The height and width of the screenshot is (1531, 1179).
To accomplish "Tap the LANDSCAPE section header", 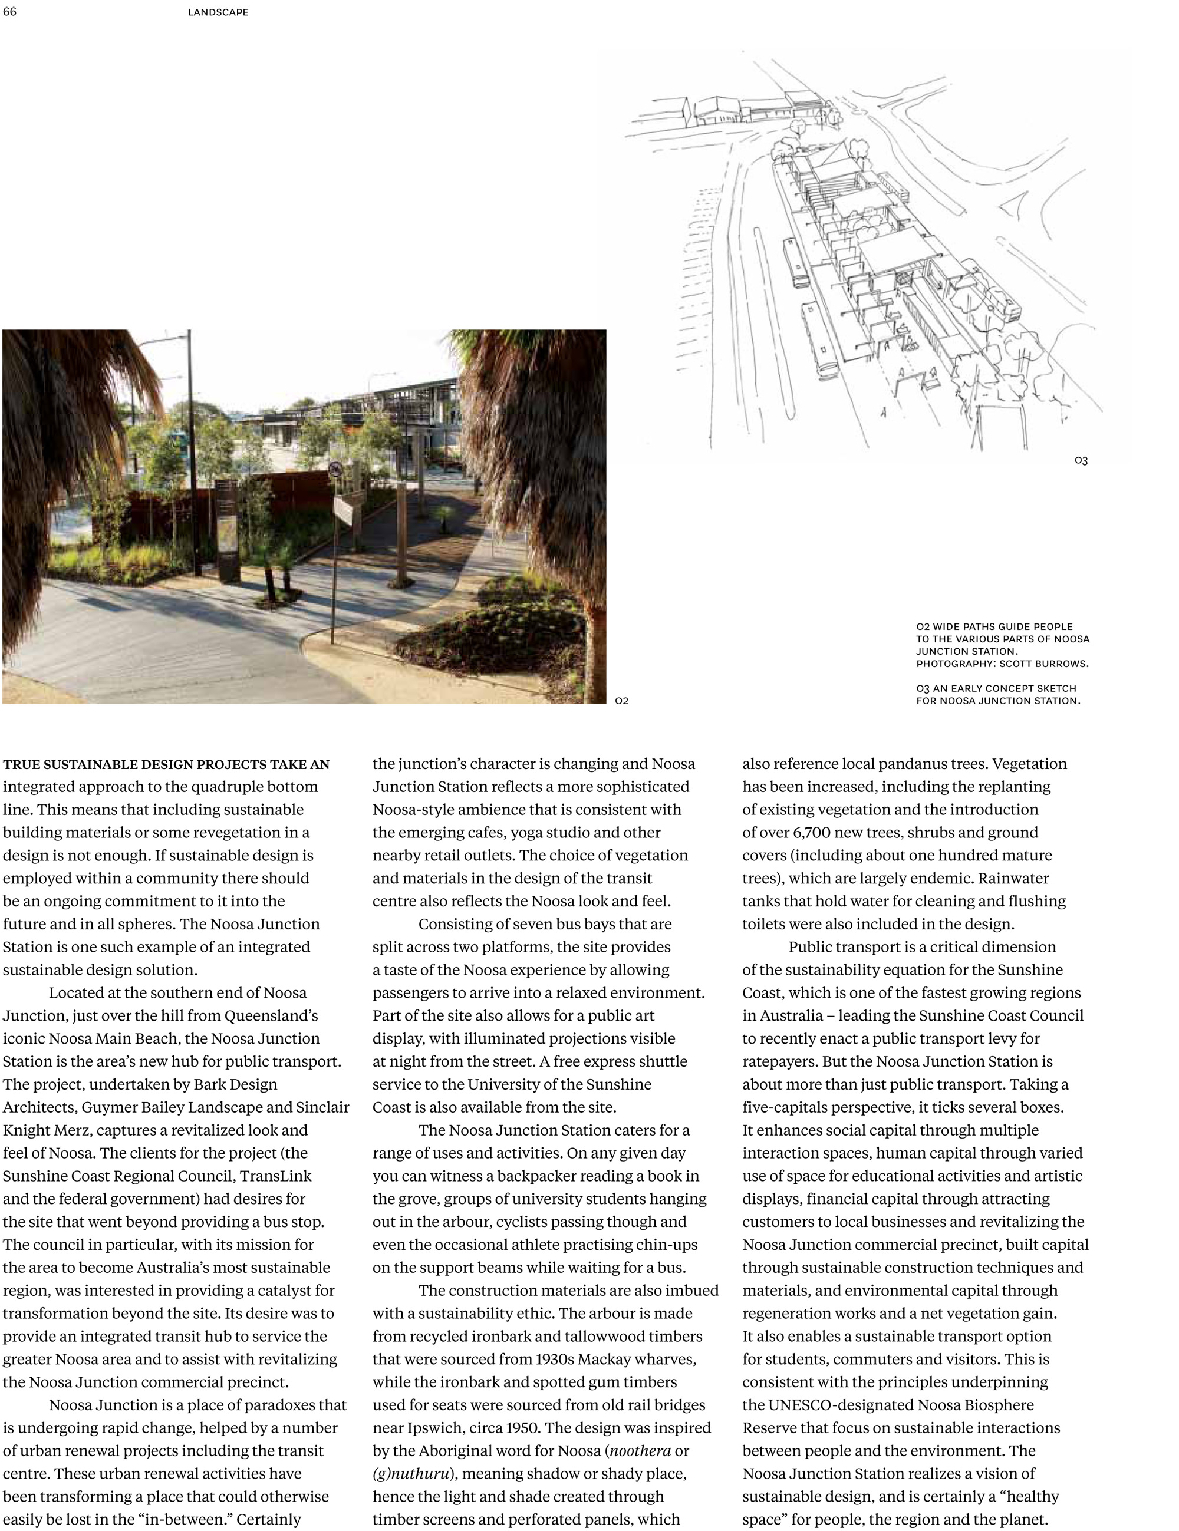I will [x=218, y=12].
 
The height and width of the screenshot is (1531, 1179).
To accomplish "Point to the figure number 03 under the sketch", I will [x=1081, y=461].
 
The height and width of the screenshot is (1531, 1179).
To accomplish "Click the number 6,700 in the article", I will [x=815, y=833].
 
